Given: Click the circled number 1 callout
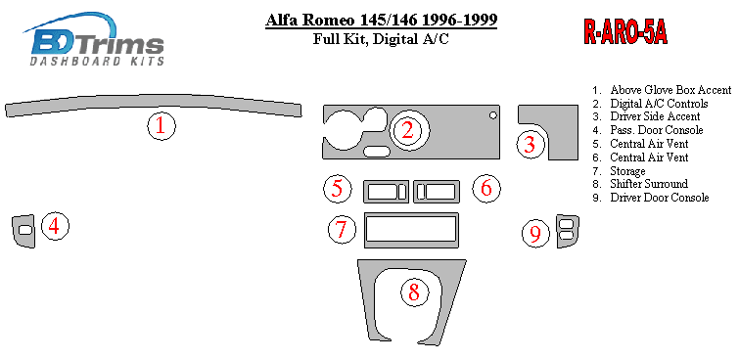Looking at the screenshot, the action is [162, 126].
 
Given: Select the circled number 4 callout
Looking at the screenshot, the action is [55, 226].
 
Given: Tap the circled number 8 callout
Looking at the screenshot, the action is [415, 292].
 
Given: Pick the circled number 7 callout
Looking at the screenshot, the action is [343, 229].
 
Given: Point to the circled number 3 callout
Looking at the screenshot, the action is [531, 145].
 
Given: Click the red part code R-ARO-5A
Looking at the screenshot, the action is [625, 32].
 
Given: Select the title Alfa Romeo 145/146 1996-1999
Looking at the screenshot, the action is [381, 21].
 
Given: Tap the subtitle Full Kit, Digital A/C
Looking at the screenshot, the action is [381, 39].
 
